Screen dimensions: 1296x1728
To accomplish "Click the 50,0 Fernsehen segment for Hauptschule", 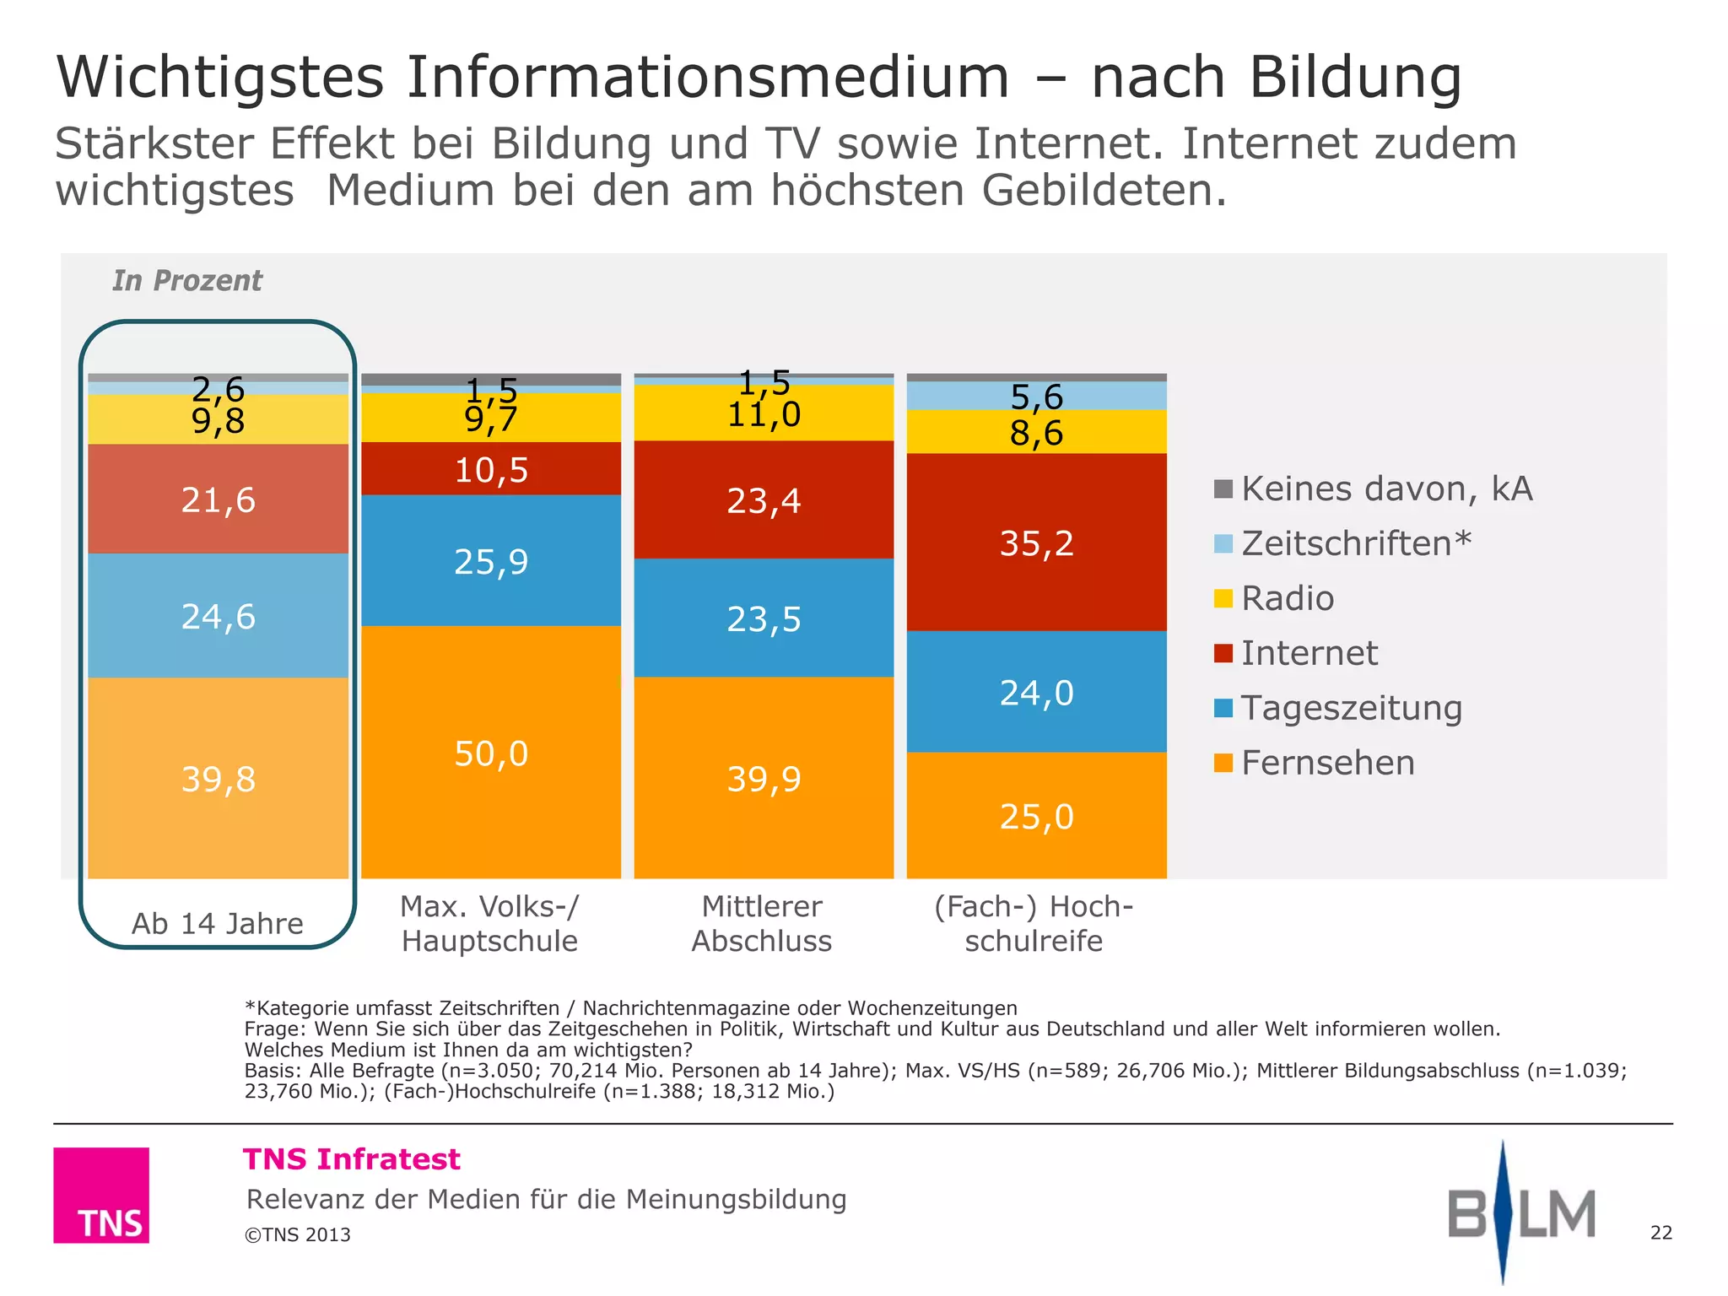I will click(491, 753).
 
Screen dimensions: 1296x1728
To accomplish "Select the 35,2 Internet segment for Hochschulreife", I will click(1036, 543).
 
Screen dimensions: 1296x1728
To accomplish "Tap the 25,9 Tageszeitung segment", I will click(491, 561).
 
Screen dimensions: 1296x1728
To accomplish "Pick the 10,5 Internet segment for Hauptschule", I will click(491, 469).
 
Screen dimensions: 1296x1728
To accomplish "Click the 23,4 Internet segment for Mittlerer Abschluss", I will click(764, 500).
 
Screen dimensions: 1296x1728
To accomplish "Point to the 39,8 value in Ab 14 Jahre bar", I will click(219, 778).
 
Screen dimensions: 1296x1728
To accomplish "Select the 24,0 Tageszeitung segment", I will click(1036, 693).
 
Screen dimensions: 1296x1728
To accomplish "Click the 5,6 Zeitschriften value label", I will click(1036, 397).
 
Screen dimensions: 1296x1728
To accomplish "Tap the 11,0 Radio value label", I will click(764, 414).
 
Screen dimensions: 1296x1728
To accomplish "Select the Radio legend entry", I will click(1287, 598).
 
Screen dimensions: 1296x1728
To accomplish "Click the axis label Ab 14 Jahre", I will click(218, 923).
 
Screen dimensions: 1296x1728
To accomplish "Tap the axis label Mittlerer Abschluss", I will click(762, 924).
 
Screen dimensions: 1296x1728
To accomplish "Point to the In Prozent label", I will click(187, 280).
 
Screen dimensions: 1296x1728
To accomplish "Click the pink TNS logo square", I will click(101, 1195).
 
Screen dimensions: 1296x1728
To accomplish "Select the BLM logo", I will click(1520, 1213).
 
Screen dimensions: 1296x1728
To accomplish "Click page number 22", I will click(1660, 1233).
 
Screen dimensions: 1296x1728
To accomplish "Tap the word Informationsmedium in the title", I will click(707, 78).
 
